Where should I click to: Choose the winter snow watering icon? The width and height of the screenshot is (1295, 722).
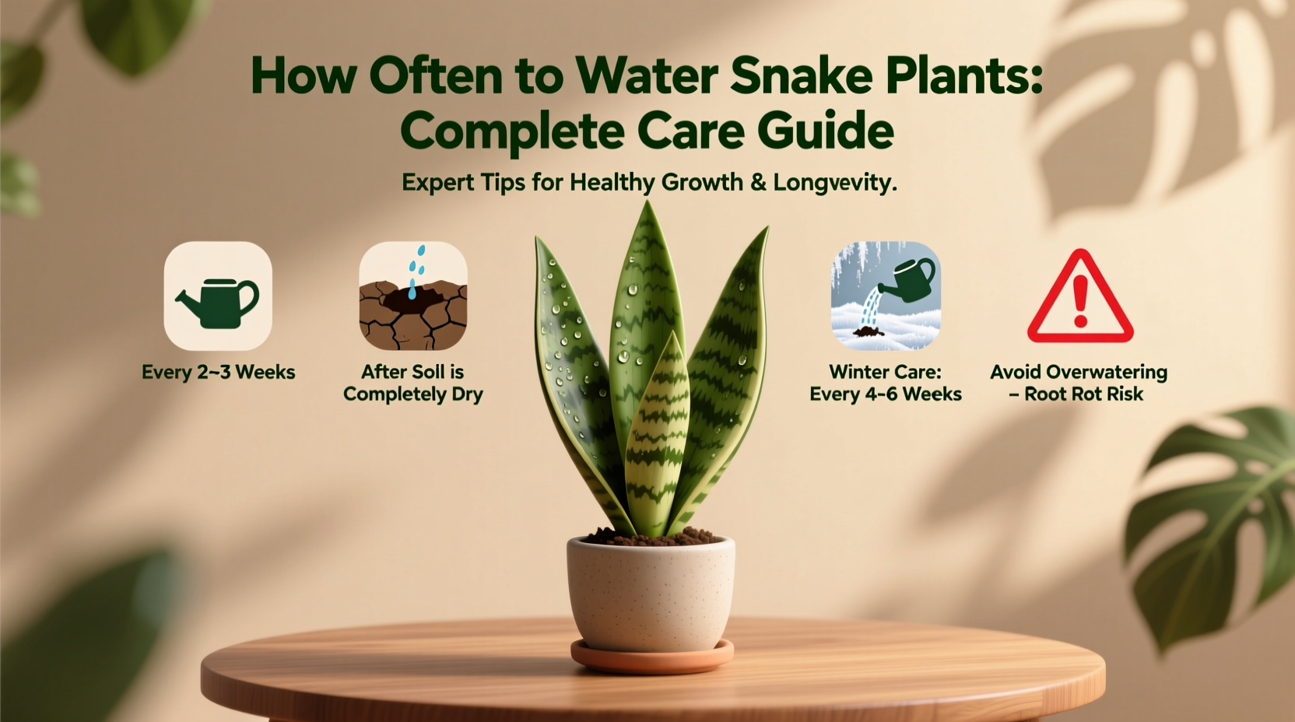click(x=886, y=296)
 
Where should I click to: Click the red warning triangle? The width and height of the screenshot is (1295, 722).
click(x=1079, y=299)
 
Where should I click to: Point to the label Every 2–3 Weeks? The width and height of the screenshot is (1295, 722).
click(x=218, y=373)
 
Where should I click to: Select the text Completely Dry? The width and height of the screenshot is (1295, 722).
click(x=413, y=394)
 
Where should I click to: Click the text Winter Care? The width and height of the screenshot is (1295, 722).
click(x=886, y=372)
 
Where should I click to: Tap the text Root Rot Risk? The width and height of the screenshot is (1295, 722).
click(x=1084, y=394)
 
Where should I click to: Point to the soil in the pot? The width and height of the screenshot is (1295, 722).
click(x=651, y=537)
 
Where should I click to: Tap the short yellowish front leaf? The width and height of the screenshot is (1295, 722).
click(x=658, y=436)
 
